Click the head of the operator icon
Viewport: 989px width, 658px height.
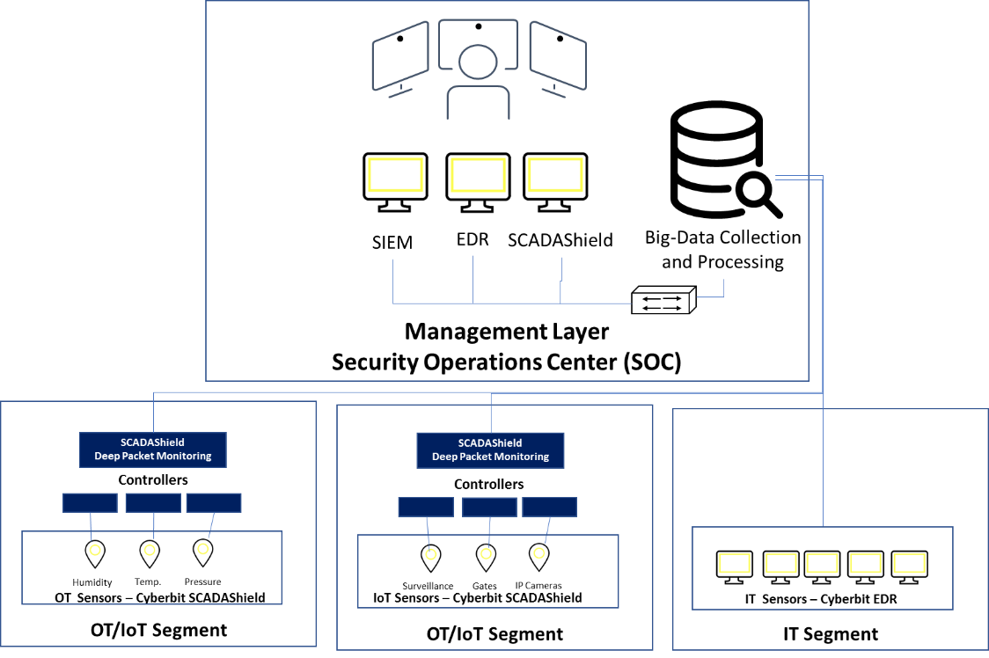pyautogui.click(x=477, y=62)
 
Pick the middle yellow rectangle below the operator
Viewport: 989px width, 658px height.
pyautogui.click(x=478, y=175)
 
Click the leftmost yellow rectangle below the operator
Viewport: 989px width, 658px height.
pyautogui.click(x=395, y=175)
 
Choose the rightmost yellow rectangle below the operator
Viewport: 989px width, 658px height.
pyautogui.click(x=555, y=175)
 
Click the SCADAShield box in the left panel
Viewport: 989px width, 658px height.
pyautogui.click(x=153, y=450)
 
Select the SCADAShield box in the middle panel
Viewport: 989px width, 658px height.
pyautogui.click(x=490, y=450)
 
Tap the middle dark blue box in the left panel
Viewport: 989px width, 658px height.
pyautogui.click(x=153, y=502)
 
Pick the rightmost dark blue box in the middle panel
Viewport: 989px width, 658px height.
pyautogui.click(x=549, y=507)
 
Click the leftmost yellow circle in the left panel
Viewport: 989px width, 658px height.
pyautogui.click(x=95, y=550)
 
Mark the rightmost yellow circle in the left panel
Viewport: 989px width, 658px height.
pyautogui.click(x=203, y=549)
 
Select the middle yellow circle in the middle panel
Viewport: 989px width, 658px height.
pyautogui.click(x=486, y=554)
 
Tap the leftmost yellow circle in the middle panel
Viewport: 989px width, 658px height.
pyautogui.click(x=431, y=554)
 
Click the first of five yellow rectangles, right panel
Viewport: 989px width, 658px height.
pyautogui.click(x=735, y=563)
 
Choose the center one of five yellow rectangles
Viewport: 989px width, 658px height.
pyautogui.click(x=822, y=563)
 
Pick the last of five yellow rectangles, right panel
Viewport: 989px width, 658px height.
pyautogui.click(x=909, y=563)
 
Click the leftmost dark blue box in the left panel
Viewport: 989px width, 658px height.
pyautogui.click(x=90, y=502)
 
